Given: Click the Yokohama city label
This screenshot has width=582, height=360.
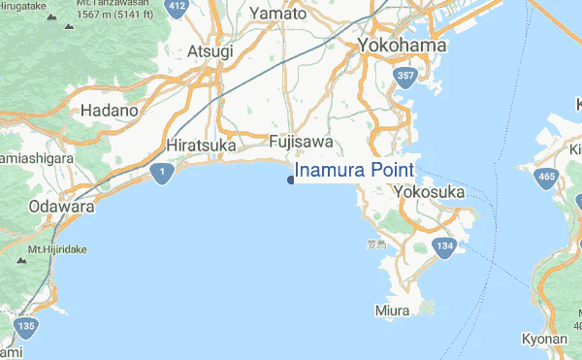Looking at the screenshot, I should point(402,46).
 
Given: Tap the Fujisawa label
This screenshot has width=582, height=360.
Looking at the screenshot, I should point(301,142).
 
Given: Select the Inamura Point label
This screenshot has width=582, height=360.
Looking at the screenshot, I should point(354,171).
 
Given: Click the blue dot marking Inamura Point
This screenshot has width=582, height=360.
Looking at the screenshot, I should point(290,179).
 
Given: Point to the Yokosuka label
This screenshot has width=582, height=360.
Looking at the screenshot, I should point(429,193).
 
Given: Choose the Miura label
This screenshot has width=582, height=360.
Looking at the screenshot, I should point(393,311).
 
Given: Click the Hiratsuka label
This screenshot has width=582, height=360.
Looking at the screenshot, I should point(201,145).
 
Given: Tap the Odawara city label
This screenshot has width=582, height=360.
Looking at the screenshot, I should point(61,207).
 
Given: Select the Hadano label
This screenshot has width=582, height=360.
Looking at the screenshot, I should point(110,111).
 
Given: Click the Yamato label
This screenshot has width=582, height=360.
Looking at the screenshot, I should point(277,14).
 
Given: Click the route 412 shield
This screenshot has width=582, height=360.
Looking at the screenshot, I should point(177,7).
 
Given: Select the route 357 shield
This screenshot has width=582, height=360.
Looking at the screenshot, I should point(406,76).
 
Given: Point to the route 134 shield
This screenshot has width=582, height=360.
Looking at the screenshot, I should point(445,248).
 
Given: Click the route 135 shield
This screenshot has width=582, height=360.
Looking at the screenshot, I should point(26,327).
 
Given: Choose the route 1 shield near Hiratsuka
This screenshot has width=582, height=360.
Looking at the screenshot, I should point(162,174).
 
